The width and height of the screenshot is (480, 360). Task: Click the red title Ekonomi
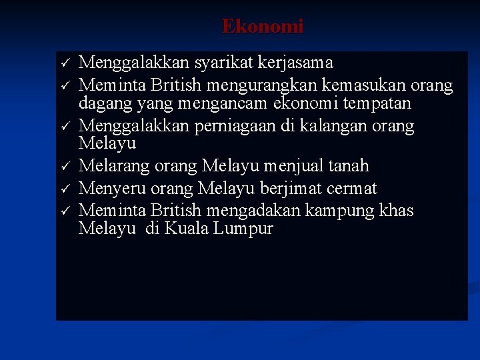263,27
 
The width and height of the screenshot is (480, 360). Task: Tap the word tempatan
379,104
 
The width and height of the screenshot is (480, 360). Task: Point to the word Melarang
110,166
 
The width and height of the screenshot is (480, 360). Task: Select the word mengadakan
255,211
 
